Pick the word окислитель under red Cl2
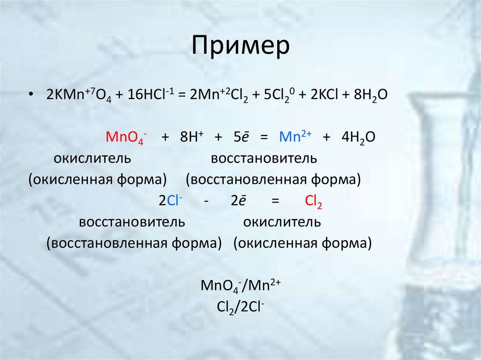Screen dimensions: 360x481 pos(282,222)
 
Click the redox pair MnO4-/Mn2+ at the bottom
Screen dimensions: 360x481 pos(240,285)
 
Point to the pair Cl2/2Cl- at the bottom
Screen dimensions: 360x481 pos(240,306)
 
